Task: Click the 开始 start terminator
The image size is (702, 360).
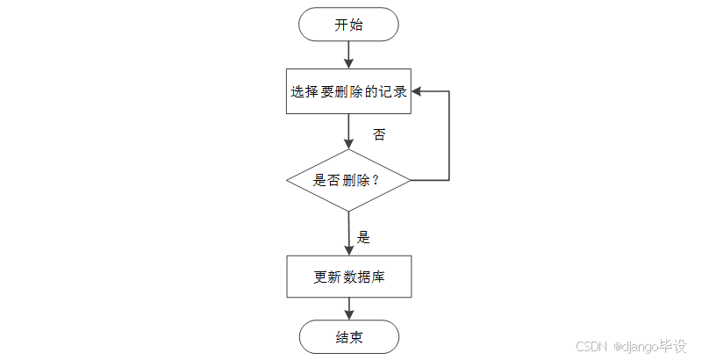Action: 348,25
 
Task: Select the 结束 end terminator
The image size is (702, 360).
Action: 348,337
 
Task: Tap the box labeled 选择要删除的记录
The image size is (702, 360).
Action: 348,91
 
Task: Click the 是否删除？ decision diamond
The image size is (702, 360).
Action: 348,180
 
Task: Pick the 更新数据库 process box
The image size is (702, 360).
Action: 348,277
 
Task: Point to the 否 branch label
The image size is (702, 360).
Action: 379,135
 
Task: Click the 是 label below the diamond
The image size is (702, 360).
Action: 364,236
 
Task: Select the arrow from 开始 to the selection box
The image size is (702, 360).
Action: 348,54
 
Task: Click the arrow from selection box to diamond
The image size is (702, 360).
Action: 348,132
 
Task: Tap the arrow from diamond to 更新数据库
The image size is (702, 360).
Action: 348,234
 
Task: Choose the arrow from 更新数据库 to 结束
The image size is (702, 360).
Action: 348,308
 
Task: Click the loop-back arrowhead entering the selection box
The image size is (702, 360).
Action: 418,91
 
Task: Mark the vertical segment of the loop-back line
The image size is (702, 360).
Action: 449,136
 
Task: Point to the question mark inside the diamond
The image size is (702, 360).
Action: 376,181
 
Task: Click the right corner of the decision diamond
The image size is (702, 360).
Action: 410,180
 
